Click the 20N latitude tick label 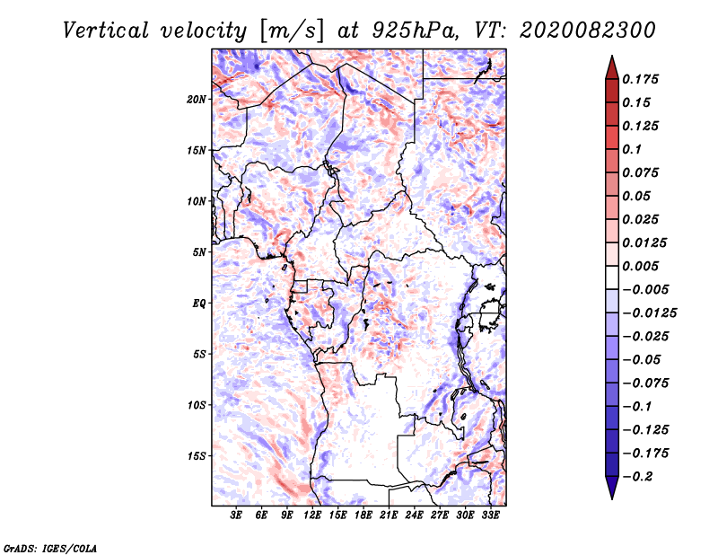point(197,99)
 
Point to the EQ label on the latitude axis point(198,303)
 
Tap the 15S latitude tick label point(197,455)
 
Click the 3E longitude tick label point(237,515)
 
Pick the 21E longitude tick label point(389,515)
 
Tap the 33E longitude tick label point(490,515)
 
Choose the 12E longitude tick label point(312,515)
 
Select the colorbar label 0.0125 point(645,242)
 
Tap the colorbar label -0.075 point(645,383)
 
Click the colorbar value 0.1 point(634,149)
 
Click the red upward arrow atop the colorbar point(611,66)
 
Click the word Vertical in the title point(107,30)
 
